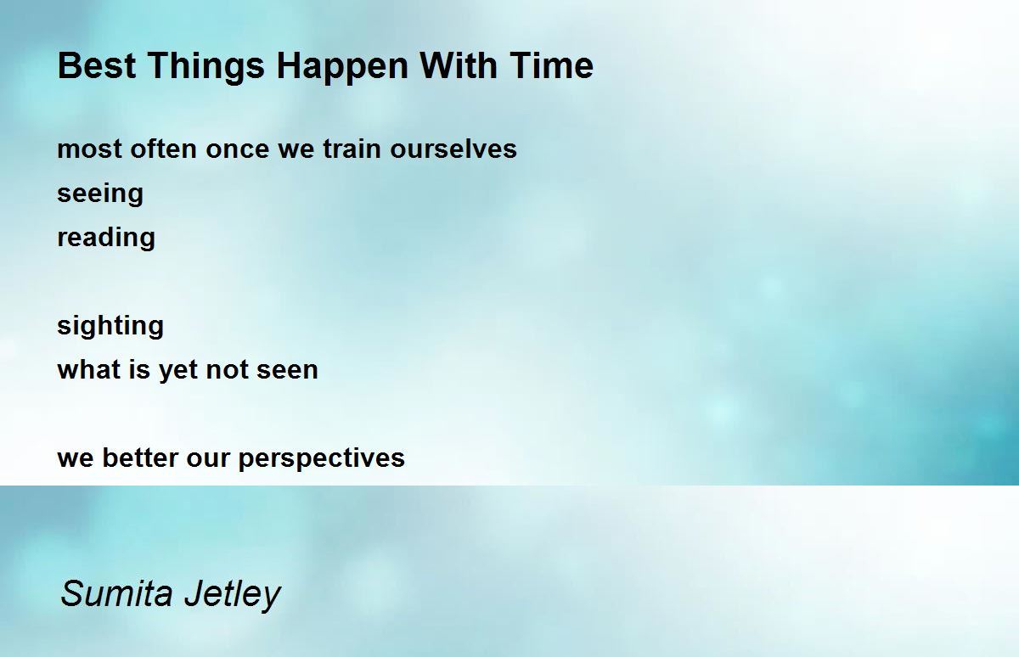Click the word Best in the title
coord(97,65)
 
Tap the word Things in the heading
coord(206,68)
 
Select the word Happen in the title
coord(342,68)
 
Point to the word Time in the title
coord(551,65)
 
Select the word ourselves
coord(453,149)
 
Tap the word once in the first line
coord(238,150)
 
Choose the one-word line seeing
coord(100,194)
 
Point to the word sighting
coord(110,327)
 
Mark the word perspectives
coord(322,458)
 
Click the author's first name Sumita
coord(117,592)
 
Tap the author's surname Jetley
coord(233,595)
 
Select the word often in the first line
coord(163,149)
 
